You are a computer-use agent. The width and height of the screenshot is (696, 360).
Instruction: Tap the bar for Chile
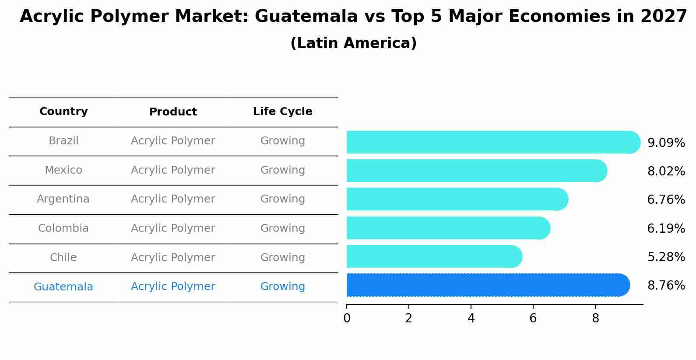pos(433,256)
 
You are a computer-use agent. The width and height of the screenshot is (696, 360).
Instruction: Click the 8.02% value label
pos(666,171)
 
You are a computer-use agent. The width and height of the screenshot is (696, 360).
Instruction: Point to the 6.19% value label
pos(666,228)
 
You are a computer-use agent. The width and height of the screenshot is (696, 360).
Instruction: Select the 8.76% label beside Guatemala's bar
pos(666,286)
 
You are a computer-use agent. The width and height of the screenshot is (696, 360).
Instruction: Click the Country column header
pos(63,112)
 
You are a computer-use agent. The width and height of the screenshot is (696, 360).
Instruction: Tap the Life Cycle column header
pos(282,112)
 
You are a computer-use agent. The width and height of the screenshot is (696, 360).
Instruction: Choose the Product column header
pos(173,112)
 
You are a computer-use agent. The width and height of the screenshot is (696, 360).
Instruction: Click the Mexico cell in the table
pos(63,170)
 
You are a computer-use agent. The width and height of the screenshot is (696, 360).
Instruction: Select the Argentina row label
pos(63,199)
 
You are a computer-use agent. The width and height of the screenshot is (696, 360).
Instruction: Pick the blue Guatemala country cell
pos(63,287)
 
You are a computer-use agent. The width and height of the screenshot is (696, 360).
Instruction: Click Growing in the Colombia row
pos(282,228)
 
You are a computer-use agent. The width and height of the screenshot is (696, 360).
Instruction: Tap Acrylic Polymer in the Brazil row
pos(173,141)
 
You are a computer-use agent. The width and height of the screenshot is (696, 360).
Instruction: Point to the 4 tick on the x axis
pos(471,318)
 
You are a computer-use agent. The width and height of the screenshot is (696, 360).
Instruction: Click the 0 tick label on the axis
pos(347,318)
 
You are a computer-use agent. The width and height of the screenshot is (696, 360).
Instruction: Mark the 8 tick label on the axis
pos(595,318)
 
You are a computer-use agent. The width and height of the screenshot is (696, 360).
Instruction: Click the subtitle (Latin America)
pos(353,43)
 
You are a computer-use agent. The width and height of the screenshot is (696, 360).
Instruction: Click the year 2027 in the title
pos(664,17)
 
